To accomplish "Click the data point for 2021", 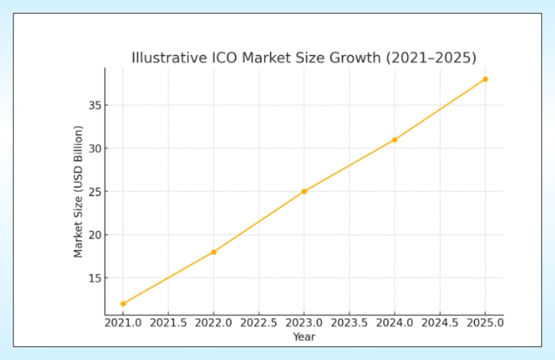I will point(123,304).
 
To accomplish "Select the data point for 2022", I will point(214,252).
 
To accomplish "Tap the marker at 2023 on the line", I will point(304,191).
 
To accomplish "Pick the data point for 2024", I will point(395,139).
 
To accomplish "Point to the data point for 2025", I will point(485,79).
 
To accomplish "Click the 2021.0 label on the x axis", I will point(123,324).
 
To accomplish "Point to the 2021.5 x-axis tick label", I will point(168,324).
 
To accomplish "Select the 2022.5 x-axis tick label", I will point(258,324).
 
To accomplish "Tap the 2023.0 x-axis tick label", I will point(304,324).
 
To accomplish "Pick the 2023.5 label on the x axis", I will point(349,324).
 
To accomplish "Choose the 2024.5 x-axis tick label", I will point(440,324).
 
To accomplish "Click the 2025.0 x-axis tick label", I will point(485,324).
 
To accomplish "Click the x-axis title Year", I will point(304,336).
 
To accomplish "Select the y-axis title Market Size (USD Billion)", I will point(79,191).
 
